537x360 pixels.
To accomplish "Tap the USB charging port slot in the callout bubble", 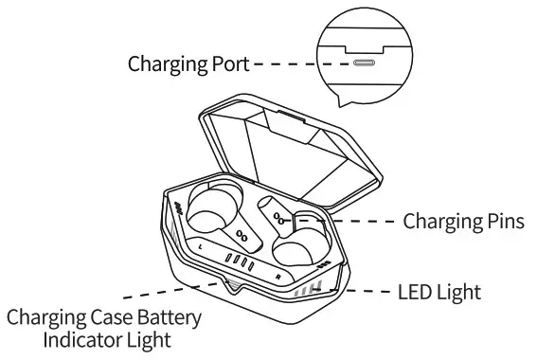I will click(x=364, y=64).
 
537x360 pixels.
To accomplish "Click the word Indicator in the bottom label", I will click(x=76, y=337).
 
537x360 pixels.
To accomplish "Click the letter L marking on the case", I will click(x=202, y=246).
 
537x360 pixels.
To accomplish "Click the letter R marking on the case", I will click(x=277, y=275).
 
